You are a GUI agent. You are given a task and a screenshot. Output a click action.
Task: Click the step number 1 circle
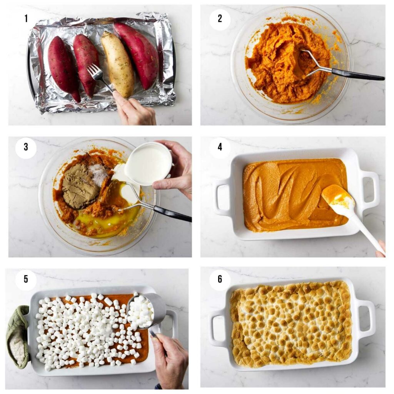[x=26, y=18]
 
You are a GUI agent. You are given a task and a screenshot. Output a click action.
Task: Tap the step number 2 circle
[x=220, y=18]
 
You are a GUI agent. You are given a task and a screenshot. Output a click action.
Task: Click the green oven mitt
[x=17, y=335]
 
